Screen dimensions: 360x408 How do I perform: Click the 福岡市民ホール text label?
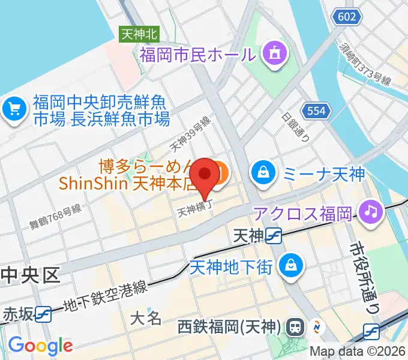click(x=197, y=56)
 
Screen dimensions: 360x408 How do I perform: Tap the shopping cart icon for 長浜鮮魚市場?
click(x=13, y=109)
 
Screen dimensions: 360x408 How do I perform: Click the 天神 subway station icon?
click(x=275, y=236)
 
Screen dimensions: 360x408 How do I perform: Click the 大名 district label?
click(x=146, y=317)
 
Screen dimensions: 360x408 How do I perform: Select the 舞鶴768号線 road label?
click(x=55, y=217)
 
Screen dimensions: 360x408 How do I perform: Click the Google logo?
click(x=41, y=345)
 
